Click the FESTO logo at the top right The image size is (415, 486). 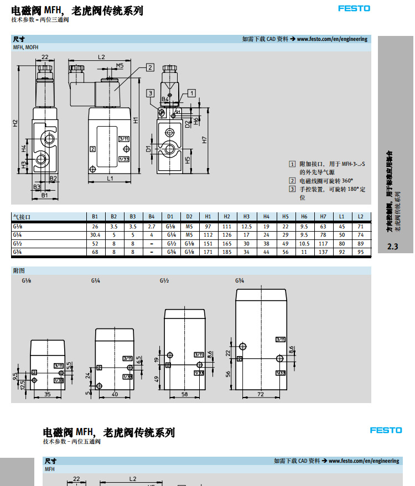tap(354, 8)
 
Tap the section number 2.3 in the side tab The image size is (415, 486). tap(393, 247)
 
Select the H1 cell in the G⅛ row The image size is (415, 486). tap(208, 227)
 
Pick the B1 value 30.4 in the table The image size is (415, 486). tap(95, 235)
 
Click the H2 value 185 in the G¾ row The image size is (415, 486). tap(227, 252)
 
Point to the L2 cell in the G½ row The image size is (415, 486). tap(360, 243)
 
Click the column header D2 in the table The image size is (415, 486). tap(189, 216)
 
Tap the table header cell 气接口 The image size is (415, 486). tap(22, 216)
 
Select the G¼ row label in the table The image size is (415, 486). tap(18, 235)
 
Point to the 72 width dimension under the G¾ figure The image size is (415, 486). tap(260, 394)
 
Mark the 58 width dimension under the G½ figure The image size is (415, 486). tap(184, 394)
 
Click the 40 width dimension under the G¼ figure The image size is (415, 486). tap(115, 394)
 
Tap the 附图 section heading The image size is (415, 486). tap(19, 271)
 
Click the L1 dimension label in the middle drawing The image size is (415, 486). tap(110, 178)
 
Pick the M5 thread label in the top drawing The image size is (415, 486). tap(120, 65)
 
